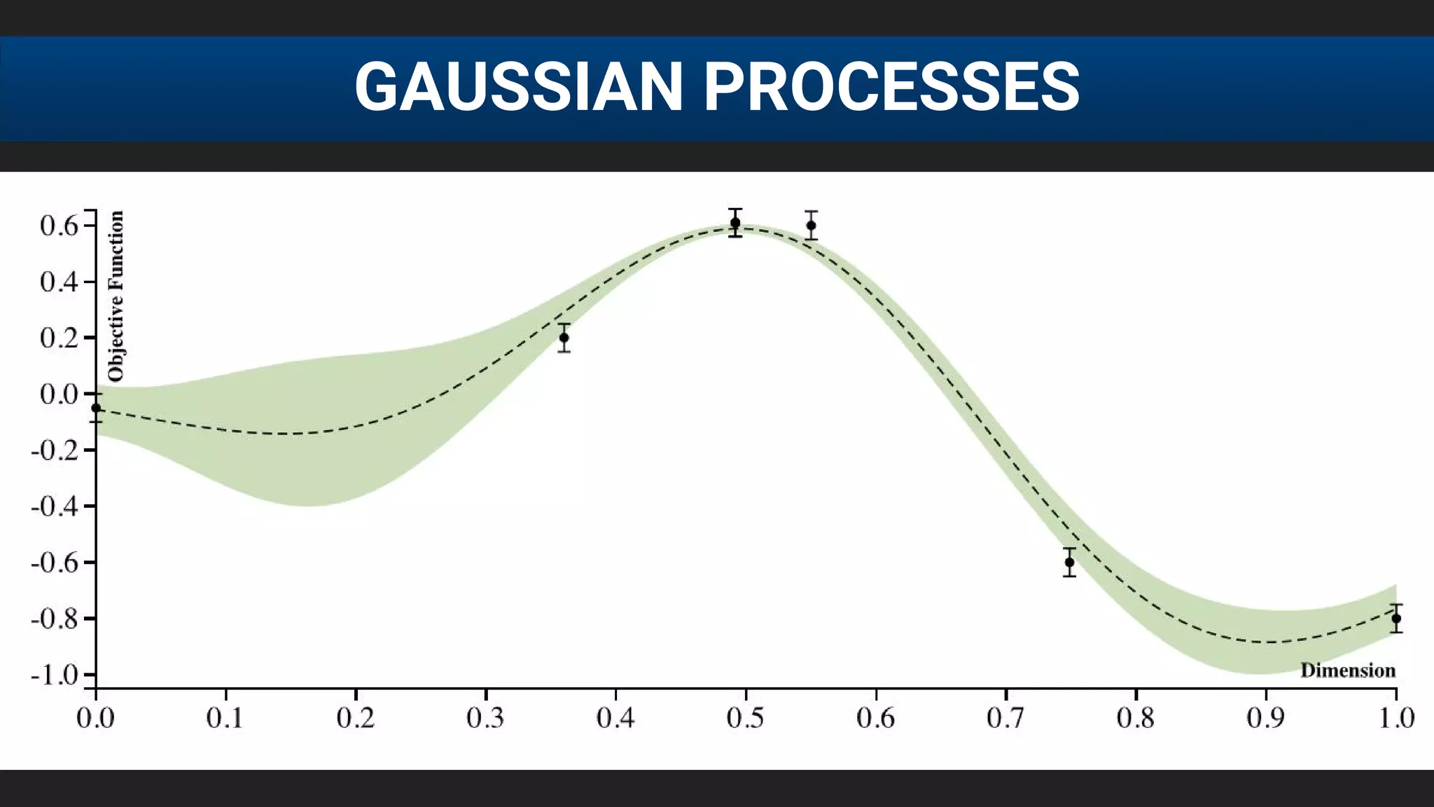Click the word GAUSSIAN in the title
pyautogui.click(x=518, y=87)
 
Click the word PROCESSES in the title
pyautogui.click(x=891, y=87)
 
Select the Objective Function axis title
pyautogui.click(x=116, y=296)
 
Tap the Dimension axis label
pyautogui.click(x=1348, y=670)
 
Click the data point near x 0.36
pyautogui.click(x=564, y=338)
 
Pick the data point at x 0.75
pyautogui.click(x=1069, y=562)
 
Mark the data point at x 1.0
pyautogui.click(x=1396, y=619)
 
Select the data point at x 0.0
pyautogui.click(x=96, y=408)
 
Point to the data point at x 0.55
pyautogui.click(x=811, y=226)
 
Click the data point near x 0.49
pyautogui.click(x=735, y=223)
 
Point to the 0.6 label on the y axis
pyautogui.click(x=59, y=226)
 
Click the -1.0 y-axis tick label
pyautogui.click(x=54, y=675)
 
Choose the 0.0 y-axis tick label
pyautogui.click(x=59, y=394)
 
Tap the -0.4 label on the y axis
pyautogui.click(x=54, y=506)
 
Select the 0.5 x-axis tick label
pyautogui.click(x=746, y=718)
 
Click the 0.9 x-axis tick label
pyautogui.click(x=1266, y=718)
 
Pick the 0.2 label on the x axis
pyautogui.click(x=356, y=718)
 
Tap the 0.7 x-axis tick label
pyautogui.click(x=1006, y=718)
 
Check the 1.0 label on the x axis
pyautogui.click(x=1396, y=718)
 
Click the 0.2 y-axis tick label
pyautogui.click(x=59, y=338)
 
